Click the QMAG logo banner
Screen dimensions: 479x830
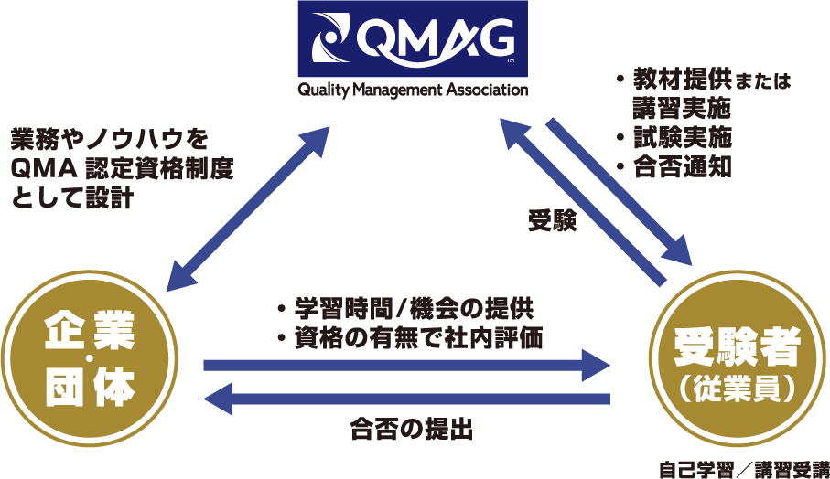click(x=412, y=38)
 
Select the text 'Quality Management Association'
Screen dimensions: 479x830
click(x=412, y=90)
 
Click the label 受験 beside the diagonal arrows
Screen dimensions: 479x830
click(x=552, y=221)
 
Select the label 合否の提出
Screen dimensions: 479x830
click(x=411, y=429)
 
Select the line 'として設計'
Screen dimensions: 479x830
click(x=72, y=197)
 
